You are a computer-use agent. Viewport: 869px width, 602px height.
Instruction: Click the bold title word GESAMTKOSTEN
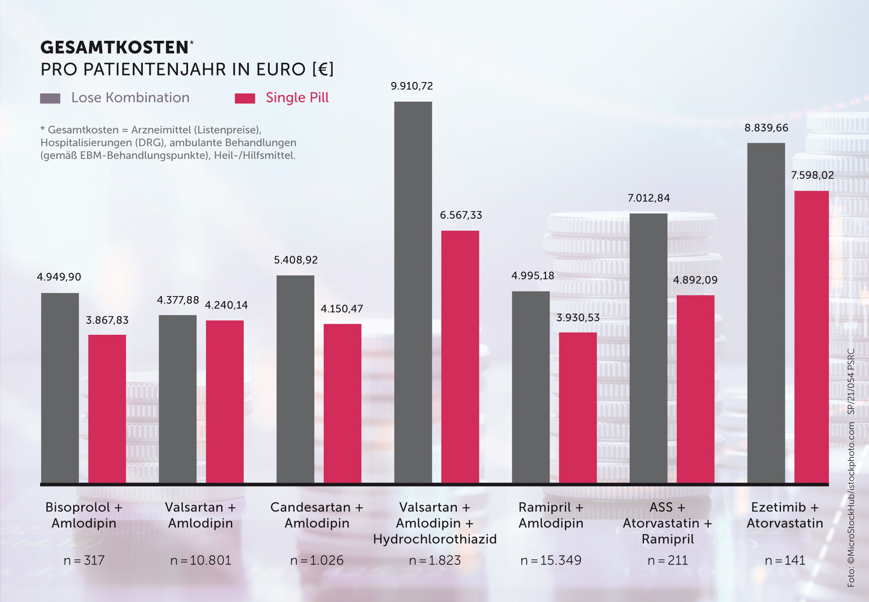tap(114, 48)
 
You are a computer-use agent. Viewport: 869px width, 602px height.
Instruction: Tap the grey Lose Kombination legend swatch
tap(50, 98)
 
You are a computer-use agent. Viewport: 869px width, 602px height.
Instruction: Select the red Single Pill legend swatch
tap(245, 98)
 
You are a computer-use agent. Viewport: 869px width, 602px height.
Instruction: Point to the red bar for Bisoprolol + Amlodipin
tap(107, 408)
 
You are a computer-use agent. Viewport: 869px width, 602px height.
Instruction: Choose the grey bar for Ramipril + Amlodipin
tap(531, 386)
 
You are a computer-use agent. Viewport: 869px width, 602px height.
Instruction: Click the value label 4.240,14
tap(226, 305)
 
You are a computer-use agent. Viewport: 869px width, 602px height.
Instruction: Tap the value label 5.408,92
tap(295, 260)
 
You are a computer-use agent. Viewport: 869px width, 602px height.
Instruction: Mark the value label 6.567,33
tap(461, 215)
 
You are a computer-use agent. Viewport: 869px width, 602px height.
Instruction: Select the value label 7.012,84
tap(648, 198)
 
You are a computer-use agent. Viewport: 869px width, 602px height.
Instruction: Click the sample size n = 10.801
tap(201, 560)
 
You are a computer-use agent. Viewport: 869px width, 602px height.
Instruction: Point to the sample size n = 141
tap(785, 560)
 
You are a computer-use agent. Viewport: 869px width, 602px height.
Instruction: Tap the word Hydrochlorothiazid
tap(434, 539)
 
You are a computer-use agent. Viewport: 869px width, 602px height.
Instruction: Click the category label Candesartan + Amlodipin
tap(317, 515)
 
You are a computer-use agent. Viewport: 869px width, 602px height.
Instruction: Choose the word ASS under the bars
tap(661, 507)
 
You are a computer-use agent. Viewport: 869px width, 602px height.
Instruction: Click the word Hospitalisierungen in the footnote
tap(86, 143)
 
